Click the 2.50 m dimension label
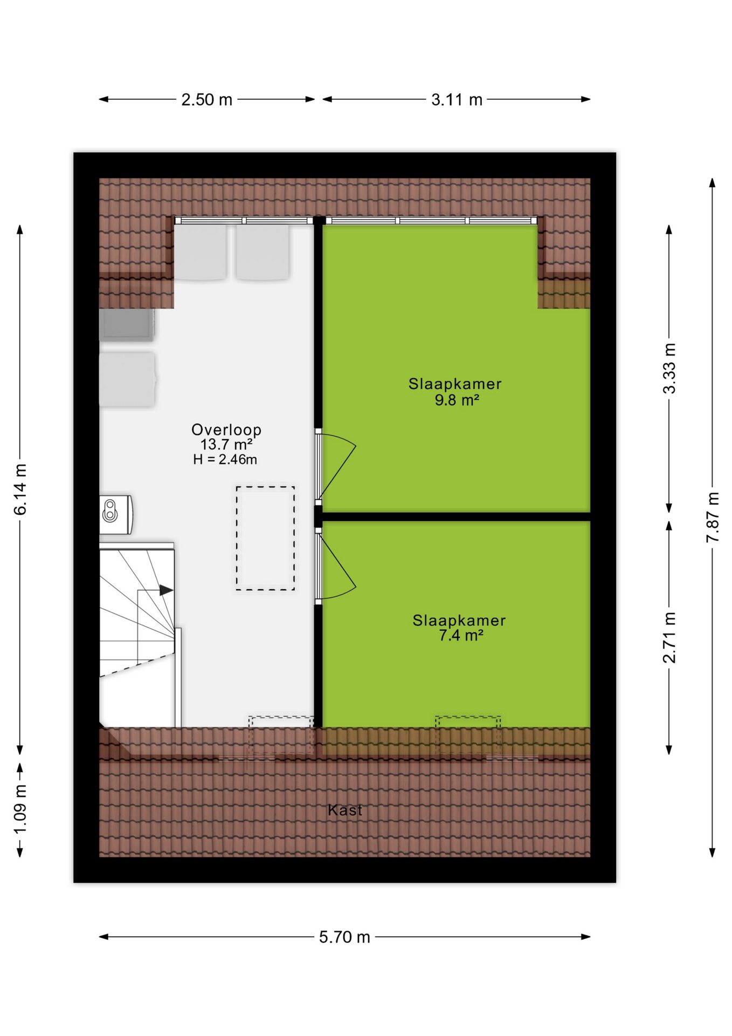pyautogui.click(x=206, y=100)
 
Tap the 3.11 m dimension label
pyautogui.click(x=457, y=100)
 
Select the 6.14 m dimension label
pyautogui.click(x=20, y=489)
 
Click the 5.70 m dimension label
pyautogui.click(x=344, y=937)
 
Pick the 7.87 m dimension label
pyautogui.click(x=713, y=517)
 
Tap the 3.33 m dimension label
pyautogui.click(x=669, y=369)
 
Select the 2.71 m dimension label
pyautogui.click(x=669, y=637)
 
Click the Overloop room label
pyautogui.click(x=226, y=430)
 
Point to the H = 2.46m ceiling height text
pyautogui.click(x=225, y=460)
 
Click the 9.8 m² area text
pyautogui.click(x=457, y=400)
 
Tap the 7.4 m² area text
pyautogui.click(x=461, y=636)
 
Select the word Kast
pyautogui.click(x=345, y=810)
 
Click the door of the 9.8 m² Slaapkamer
pyautogui.click(x=335, y=466)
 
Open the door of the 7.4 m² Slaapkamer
pyautogui.click(x=335, y=566)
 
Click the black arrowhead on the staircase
pyautogui.click(x=167, y=590)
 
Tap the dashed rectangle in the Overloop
pyautogui.click(x=265, y=538)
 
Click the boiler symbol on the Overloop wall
pyautogui.click(x=116, y=514)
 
